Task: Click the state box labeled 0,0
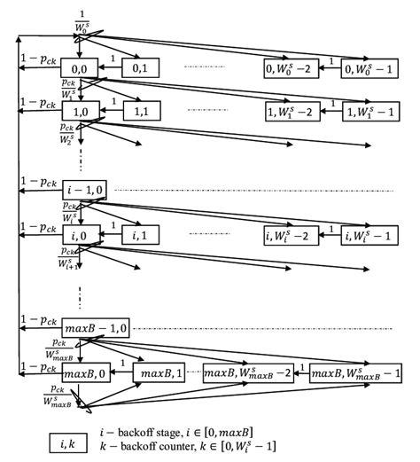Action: (79, 67)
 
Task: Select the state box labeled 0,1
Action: (140, 67)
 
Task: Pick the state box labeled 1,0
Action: (79, 114)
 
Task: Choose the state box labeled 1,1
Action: (140, 114)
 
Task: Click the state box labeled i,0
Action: (79, 237)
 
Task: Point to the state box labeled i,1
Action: (140, 237)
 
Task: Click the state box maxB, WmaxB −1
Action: (356, 375)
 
